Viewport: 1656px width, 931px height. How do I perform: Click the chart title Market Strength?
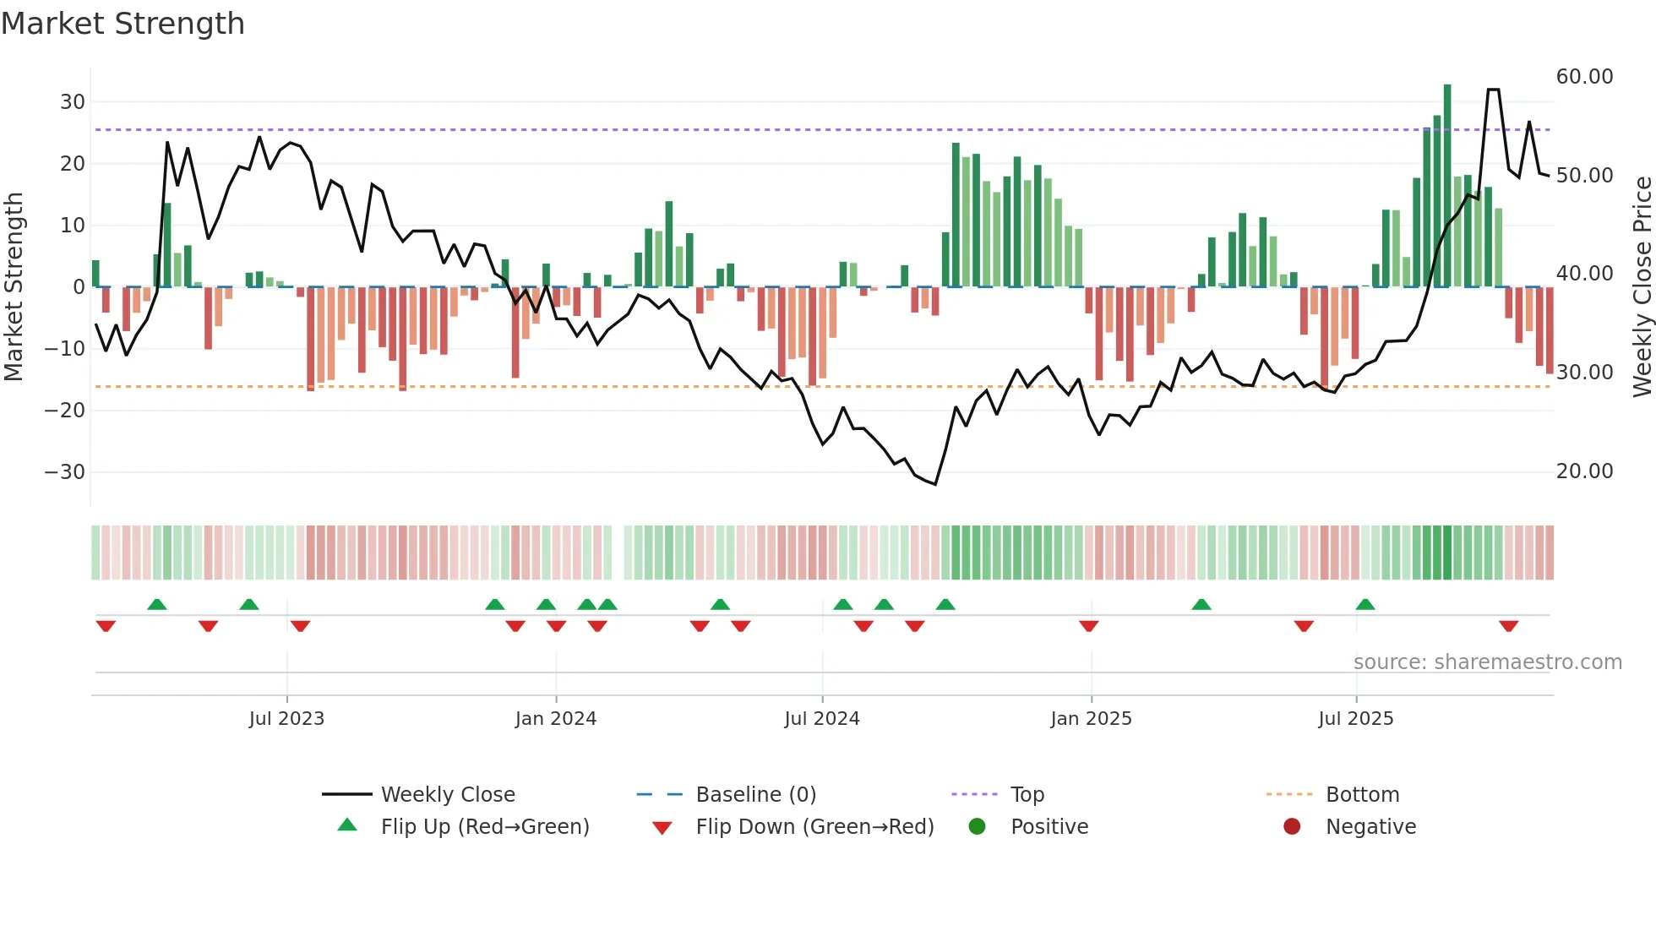(123, 24)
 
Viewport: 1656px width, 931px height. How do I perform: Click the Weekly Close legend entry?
(447, 795)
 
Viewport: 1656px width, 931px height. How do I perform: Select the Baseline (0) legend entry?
(755, 795)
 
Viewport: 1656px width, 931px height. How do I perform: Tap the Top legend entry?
(1027, 795)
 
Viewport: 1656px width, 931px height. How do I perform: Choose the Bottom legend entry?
(1362, 795)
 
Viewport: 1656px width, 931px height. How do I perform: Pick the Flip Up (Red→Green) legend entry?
(484, 827)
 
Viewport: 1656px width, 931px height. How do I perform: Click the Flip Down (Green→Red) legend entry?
(814, 827)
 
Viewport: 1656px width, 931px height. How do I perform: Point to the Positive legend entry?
(1049, 827)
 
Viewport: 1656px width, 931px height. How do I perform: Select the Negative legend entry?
(1370, 827)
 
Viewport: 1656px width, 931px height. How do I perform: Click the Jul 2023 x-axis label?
(286, 719)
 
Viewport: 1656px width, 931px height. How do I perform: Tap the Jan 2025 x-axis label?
(1091, 719)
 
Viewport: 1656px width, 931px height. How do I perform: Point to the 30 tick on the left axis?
(73, 102)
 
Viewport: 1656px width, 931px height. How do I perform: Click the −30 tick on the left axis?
(65, 472)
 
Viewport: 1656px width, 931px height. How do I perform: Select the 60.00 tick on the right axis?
(1584, 77)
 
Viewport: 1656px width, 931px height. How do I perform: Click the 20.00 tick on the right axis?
(1584, 471)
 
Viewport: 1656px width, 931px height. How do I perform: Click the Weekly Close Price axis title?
(1642, 287)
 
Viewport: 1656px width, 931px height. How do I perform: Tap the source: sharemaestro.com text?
(1487, 662)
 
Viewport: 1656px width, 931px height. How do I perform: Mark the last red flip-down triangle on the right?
(1509, 626)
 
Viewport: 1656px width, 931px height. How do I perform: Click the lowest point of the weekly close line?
(935, 484)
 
